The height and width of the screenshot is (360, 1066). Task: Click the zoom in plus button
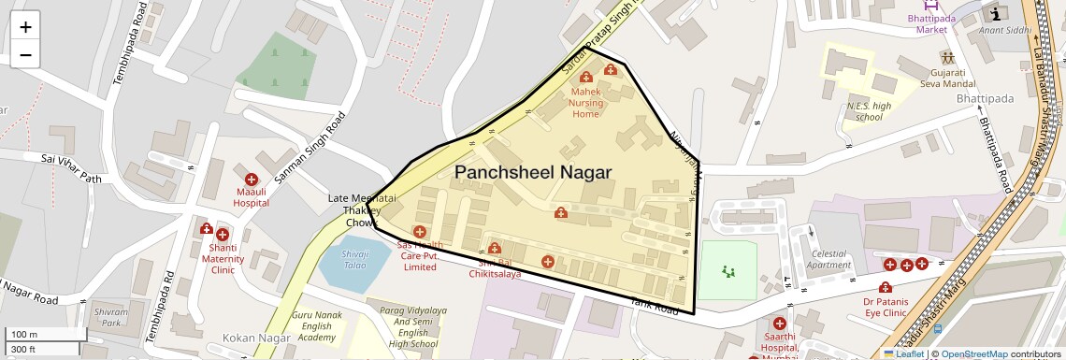[x=25, y=26]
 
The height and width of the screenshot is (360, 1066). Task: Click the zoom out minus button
[x=25, y=54]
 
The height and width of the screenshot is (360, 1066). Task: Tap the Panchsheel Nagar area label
[x=533, y=172]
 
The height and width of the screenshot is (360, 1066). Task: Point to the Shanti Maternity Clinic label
[x=223, y=259]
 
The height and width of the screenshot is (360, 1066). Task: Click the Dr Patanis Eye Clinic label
[x=885, y=309]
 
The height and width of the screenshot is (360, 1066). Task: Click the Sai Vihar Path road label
[x=70, y=168]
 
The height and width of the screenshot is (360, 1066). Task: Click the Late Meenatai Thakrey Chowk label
[x=361, y=210]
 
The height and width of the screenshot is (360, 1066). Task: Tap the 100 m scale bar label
[x=25, y=334]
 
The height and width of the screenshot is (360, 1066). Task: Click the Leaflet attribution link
[x=903, y=354]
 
